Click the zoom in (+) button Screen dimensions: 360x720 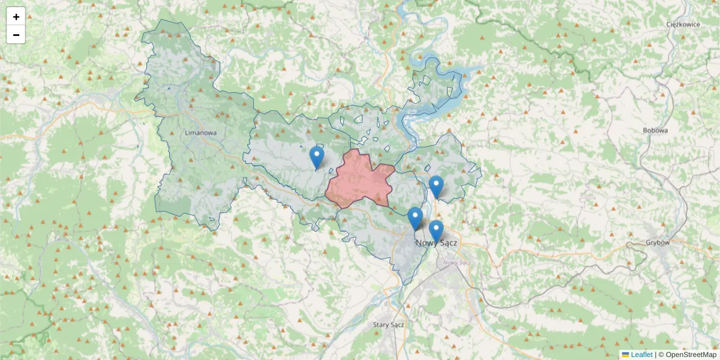[16, 17]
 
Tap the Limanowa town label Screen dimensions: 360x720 [200, 133]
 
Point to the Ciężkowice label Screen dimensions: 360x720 [683, 25]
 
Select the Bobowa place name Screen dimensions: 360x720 [655, 130]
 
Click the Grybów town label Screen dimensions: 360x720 [658, 242]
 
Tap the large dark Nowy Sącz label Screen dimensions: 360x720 [436, 243]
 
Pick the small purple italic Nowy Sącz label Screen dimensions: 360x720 [455, 262]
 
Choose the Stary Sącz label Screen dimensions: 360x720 [389, 325]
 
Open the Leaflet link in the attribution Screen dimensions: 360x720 [641, 355]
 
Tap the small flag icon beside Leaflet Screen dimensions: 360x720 [625, 355]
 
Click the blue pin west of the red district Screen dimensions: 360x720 [317, 158]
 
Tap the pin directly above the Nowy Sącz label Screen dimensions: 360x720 [436, 231]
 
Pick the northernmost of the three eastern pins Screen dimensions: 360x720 [436, 187]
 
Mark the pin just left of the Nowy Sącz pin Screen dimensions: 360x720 [415, 218]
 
